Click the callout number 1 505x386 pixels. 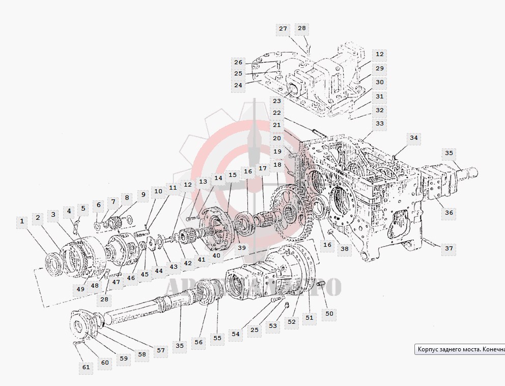tap(22, 221)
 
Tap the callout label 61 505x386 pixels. tap(86, 367)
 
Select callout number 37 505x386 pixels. tap(448, 248)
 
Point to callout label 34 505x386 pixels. tap(413, 137)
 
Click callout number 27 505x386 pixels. tap(283, 29)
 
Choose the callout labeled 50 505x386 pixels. tap(329, 313)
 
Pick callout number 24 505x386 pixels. tap(238, 85)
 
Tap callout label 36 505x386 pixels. tap(448, 213)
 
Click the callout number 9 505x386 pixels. tap(143, 194)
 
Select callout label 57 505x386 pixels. tap(161, 350)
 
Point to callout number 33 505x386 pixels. tap(379, 123)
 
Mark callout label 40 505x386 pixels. tap(216, 255)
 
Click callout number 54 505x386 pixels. tap(236, 333)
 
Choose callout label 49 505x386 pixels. tap(80, 289)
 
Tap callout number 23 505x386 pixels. tap(277, 101)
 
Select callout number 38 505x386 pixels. tap(345, 249)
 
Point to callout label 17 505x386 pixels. tap(263, 168)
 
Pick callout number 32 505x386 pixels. tap(379, 110)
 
